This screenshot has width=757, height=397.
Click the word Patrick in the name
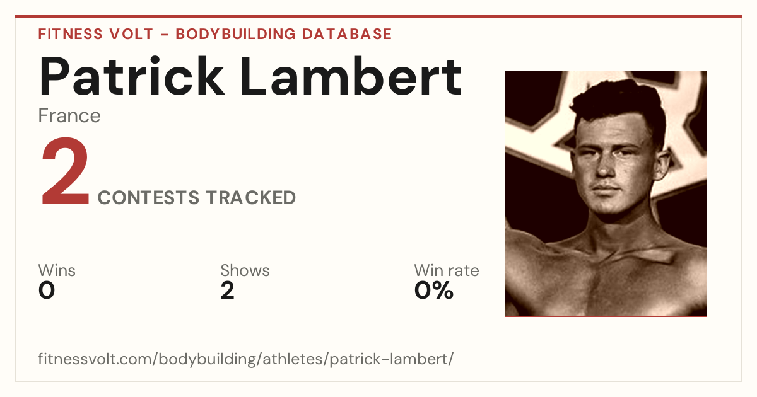click(131, 76)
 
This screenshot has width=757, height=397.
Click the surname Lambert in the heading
click(351, 76)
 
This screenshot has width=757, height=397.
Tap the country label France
click(69, 116)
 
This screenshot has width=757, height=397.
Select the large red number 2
click(65, 171)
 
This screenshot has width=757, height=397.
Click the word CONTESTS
click(148, 197)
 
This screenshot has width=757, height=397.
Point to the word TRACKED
click(251, 197)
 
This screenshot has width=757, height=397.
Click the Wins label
click(57, 270)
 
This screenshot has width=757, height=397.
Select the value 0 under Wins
click(47, 291)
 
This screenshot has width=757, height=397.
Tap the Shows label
click(245, 270)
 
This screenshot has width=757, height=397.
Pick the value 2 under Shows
click(228, 291)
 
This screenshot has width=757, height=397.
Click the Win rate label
click(447, 270)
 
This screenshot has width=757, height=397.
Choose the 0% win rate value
click(434, 291)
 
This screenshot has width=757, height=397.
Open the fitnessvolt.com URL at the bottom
click(245, 359)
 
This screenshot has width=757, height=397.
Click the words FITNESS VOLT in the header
click(96, 34)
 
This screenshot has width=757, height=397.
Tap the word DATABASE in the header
click(347, 34)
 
